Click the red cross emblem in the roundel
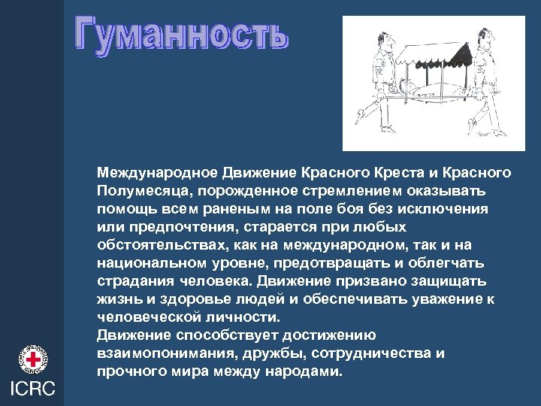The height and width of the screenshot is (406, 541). tap(33, 359)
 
